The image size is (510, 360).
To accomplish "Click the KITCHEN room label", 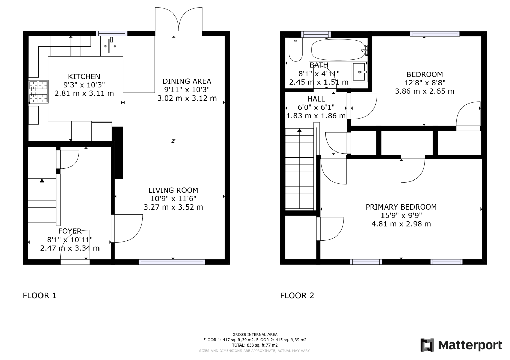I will coord(84,77).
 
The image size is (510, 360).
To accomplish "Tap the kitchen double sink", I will coord(111,46).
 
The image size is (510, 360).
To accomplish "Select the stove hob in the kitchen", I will coord(38,91).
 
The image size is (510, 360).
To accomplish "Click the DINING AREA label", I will coord(187,81).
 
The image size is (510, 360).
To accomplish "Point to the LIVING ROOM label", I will coord(173,190).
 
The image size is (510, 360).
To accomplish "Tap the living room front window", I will coord(172,261).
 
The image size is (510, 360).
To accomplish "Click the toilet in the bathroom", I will coord(296,50).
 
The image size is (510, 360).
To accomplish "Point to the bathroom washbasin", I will coord(360,72).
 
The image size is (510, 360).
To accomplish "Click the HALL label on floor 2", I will coord(316,99).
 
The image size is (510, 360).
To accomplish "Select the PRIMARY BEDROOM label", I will coord(401,207).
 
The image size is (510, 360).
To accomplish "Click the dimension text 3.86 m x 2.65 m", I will coord(424,91).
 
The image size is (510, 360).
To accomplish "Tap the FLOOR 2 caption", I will coord(297,296).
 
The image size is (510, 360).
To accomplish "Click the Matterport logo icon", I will coord(427,345).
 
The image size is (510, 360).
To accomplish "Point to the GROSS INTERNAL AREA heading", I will coord(255,335).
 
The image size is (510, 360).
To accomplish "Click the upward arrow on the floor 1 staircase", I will coord(42,181).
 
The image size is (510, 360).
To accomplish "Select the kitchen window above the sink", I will coord(112,33).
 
